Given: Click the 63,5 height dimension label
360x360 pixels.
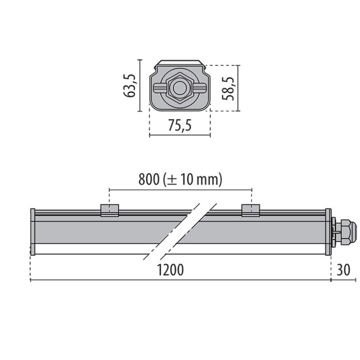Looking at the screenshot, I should click(x=131, y=85).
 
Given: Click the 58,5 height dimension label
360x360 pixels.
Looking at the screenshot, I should click(x=229, y=87).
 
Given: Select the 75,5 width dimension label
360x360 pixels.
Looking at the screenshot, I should click(x=180, y=126).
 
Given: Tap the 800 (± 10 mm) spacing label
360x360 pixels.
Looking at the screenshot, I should click(x=180, y=180).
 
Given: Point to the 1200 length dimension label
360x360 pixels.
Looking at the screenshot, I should click(x=171, y=270).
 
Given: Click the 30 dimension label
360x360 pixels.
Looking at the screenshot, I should click(x=343, y=270).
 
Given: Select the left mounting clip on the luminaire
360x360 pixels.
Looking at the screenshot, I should click(x=109, y=210).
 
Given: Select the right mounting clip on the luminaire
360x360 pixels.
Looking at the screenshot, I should click(x=251, y=210).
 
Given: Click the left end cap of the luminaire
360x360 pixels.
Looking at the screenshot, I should click(x=32, y=232).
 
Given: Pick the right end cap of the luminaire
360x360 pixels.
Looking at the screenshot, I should click(x=328, y=232).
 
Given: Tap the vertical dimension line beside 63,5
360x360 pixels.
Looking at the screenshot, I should click(x=140, y=85).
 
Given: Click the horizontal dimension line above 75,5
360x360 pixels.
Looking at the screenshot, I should click(x=180, y=135).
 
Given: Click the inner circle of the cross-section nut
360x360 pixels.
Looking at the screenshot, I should click(x=180, y=88).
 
